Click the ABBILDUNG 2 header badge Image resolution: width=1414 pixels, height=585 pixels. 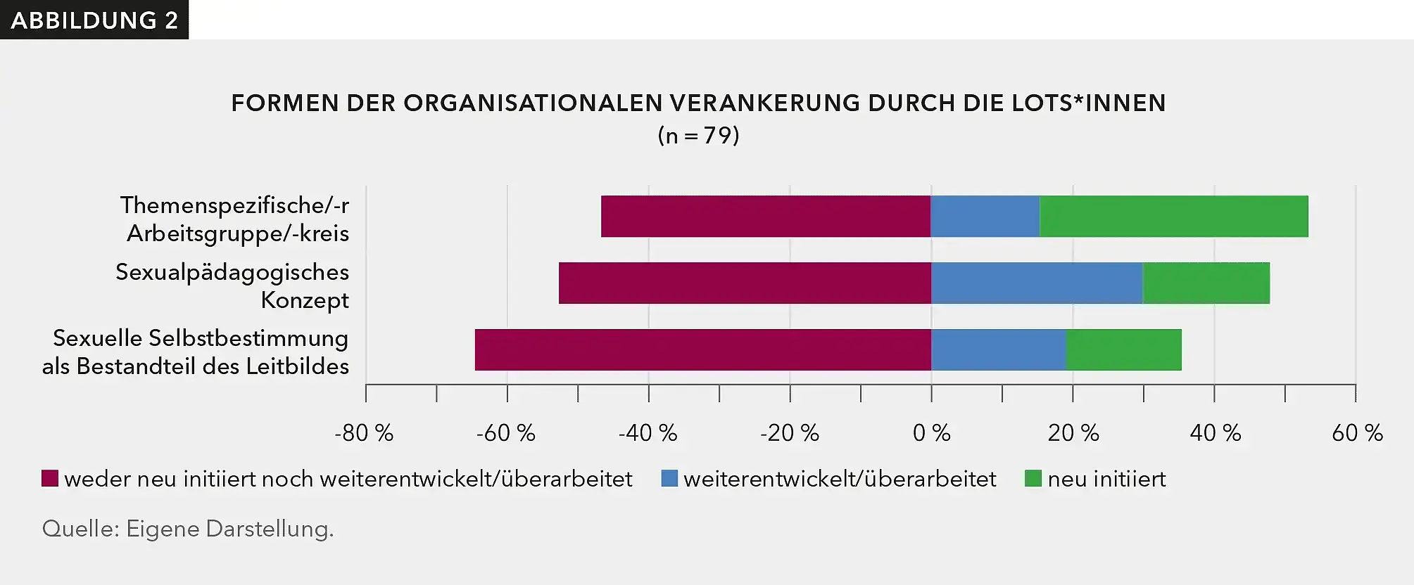(x=94, y=20)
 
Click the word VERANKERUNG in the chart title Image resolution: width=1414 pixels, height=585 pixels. (x=764, y=103)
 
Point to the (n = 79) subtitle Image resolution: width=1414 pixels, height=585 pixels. (x=698, y=135)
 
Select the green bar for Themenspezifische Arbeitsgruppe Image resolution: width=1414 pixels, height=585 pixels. (x=1173, y=217)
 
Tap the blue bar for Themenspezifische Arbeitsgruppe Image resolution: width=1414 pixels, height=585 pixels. (x=985, y=217)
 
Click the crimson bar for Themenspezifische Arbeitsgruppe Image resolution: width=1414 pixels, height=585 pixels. (x=766, y=217)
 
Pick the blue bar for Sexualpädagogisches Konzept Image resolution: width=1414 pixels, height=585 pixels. (x=1036, y=283)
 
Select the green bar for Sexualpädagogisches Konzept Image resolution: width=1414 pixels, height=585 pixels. (x=1206, y=283)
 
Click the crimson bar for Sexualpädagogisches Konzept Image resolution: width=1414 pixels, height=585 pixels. (x=745, y=283)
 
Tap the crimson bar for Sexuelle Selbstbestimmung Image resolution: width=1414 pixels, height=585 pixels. (x=702, y=349)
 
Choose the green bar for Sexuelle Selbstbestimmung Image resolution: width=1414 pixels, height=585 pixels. (x=1123, y=349)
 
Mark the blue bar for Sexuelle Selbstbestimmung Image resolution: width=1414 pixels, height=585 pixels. (x=998, y=349)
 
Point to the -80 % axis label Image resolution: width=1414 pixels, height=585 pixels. (x=364, y=433)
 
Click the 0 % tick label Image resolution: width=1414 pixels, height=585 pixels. (x=931, y=433)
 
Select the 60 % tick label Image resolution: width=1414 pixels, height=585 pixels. (x=1357, y=433)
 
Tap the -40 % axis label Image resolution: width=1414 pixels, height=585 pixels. (x=648, y=433)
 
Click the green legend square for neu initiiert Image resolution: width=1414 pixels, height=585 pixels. (x=1033, y=479)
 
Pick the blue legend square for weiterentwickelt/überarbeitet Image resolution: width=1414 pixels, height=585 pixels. (x=669, y=479)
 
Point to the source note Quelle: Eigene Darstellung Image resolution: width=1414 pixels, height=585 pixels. (x=188, y=529)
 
